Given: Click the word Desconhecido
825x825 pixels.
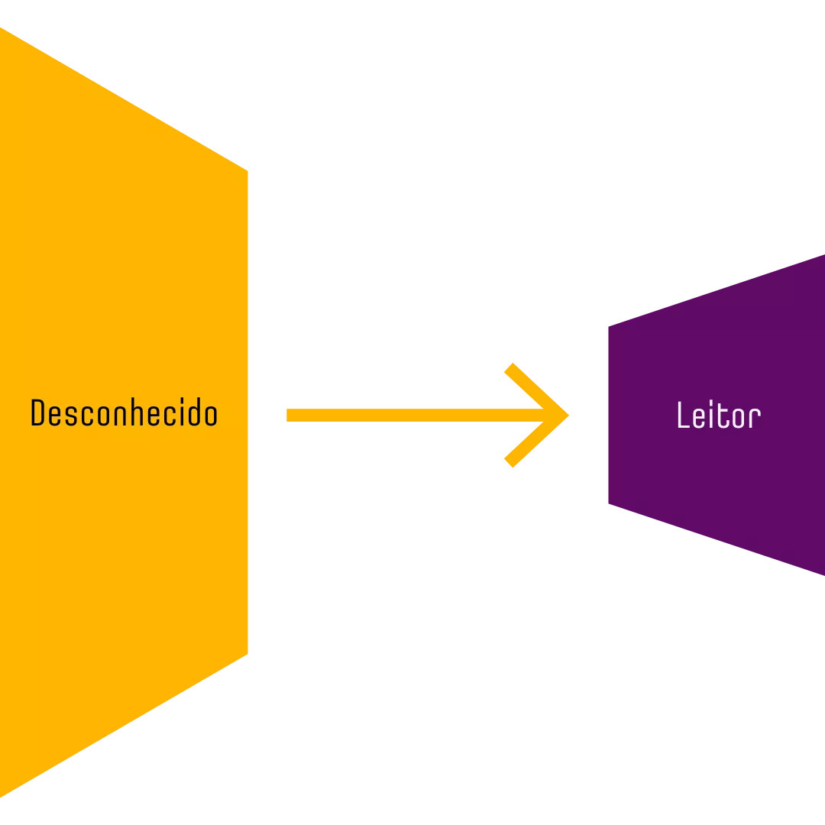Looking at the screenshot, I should pos(124,413).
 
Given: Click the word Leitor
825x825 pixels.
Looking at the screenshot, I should pos(718,416).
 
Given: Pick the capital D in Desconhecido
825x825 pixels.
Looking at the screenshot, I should pos(38,413).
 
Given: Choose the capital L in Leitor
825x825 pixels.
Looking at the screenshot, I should pos(683,416).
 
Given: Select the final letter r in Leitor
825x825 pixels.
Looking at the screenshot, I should pos(755,418).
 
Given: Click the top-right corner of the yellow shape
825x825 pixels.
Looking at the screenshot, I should pos(249,167).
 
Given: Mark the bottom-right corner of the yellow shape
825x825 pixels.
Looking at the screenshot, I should pos(249,658).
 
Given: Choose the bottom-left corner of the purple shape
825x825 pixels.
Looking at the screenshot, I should pos(607,506).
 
